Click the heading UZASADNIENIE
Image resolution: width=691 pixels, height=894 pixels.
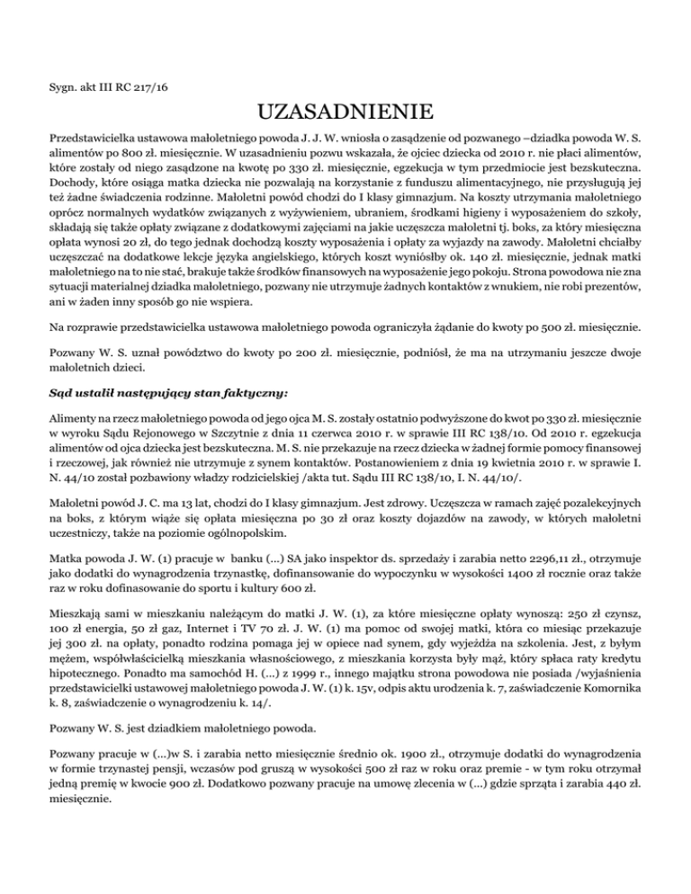click(345, 114)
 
